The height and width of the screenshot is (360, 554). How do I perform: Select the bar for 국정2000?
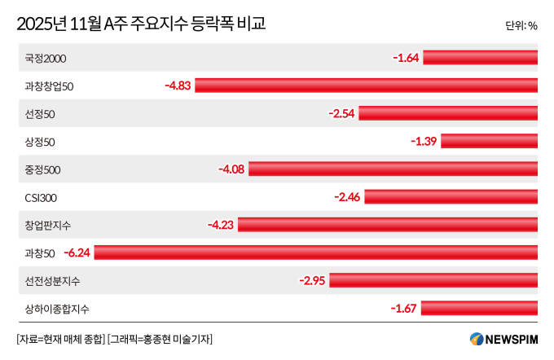click(x=481, y=57)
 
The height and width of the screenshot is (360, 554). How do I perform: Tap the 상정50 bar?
click(x=489, y=141)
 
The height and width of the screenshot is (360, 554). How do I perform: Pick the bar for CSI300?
click(x=451, y=196)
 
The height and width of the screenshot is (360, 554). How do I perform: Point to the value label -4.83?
click(x=177, y=85)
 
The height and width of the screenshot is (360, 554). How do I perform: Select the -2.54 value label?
click(x=341, y=113)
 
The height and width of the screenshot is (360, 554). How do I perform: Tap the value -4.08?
click(x=231, y=169)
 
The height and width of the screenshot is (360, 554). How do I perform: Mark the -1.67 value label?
click(x=404, y=308)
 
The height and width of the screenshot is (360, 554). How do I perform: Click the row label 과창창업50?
click(x=50, y=86)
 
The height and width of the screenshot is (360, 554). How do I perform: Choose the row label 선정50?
click(x=40, y=113)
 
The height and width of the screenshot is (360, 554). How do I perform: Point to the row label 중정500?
click(x=43, y=169)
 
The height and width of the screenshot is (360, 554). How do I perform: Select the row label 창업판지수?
click(x=48, y=224)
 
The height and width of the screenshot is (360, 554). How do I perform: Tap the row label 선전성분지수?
click(x=53, y=280)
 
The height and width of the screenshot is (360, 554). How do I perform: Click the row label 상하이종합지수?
click(x=57, y=308)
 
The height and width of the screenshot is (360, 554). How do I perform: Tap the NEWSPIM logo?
click(x=503, y=338)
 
